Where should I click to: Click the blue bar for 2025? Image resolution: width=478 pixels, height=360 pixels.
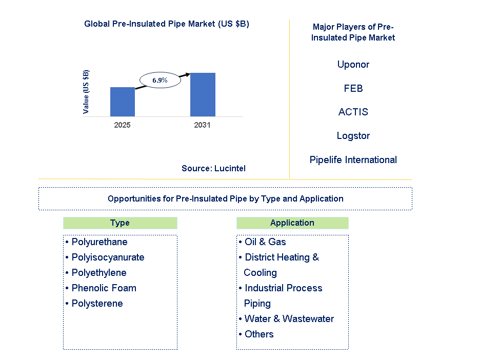pos(123,102)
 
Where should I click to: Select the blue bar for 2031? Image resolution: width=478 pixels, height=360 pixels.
pos(203,94)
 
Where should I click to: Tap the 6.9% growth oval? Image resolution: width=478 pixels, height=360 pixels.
pos(160,81)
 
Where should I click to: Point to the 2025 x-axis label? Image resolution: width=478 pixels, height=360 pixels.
pos(123,125)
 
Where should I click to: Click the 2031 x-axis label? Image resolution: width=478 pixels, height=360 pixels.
pos(202,125)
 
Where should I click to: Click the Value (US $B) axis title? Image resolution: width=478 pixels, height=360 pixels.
pos(86,91)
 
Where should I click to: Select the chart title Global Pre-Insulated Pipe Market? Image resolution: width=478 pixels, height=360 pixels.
pos(167,24)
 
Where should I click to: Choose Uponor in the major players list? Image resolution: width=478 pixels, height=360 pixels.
pos(353,65)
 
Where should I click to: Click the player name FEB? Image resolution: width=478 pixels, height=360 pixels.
pos(353,89)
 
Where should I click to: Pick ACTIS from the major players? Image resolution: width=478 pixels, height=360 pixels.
pos(353,112)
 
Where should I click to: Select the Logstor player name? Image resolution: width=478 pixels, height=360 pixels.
pos(353,136)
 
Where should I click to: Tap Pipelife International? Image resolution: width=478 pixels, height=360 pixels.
pos(353,160)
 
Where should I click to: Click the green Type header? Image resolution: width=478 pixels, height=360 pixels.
pos(120,223)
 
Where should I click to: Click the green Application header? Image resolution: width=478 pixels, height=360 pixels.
pos(292,223)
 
